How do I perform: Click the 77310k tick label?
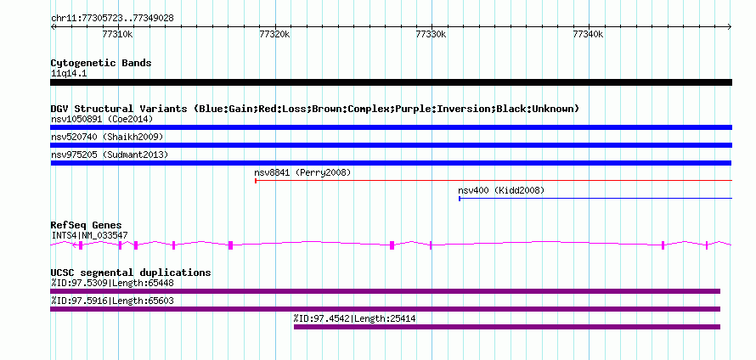[117, 34]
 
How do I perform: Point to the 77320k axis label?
[274, 34]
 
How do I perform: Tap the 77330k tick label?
[431, 34]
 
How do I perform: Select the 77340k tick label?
[588, 34]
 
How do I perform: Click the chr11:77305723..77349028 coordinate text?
[112, 19]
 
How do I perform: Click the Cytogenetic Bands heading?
[101, 63]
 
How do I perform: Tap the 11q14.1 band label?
[69, 74]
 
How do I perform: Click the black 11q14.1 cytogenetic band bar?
[391, 82]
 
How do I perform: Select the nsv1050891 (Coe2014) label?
[102, 119]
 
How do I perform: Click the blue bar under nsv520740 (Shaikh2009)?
[391, 145]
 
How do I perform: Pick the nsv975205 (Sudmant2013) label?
[110, 155]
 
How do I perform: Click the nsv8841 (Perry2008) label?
[302, 172]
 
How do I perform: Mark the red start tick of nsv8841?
[256, 181]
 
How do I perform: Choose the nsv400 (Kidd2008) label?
[501, 190]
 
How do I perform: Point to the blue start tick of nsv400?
[460, 199]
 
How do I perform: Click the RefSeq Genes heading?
[87, 225]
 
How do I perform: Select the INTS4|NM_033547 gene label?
[90, 236]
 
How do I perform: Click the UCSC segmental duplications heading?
[131, 273]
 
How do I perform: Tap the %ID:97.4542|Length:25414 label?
[355, 318]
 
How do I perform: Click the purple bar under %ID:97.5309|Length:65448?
[386, 291]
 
